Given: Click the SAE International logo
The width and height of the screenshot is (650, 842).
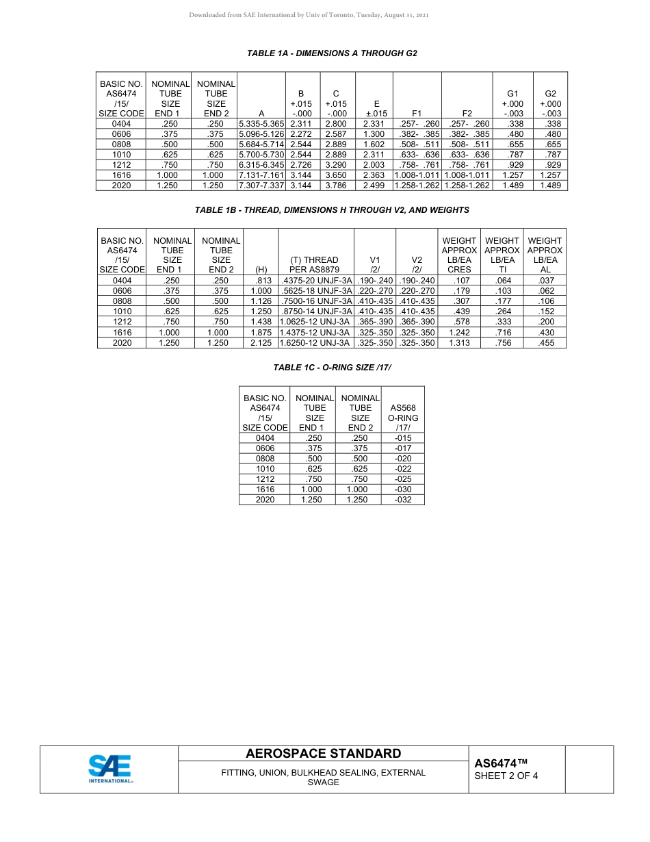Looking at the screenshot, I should (x=109, y=769).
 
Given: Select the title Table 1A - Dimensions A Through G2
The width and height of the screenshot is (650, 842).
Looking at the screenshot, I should (x=332, y=53).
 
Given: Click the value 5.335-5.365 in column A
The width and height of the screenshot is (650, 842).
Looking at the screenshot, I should (x=261, y=124).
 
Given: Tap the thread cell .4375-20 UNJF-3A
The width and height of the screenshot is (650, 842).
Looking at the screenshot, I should (x=316, y=281).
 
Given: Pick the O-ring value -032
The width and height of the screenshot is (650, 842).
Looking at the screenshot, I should (x=403, y=500).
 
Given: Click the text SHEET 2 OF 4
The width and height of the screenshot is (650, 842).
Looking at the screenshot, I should (x=506, y=776).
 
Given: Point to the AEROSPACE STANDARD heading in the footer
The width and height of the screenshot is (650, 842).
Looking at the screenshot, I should (x=323, y=754).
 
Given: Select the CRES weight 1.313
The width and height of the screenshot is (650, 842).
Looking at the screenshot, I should (x=459, y=343).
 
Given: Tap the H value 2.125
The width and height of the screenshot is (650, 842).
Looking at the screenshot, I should (x=261, y=343).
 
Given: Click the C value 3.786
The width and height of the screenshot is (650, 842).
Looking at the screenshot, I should (x=336, y=186).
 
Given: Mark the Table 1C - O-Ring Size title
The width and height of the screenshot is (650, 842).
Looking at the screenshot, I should (x=332, y=368).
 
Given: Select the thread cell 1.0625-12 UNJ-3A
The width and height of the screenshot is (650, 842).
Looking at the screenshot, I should (x=316, y=322).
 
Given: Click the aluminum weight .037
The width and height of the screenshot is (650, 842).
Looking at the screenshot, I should (x=545, y=281).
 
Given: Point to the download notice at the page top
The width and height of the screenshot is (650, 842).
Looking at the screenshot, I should (x=309, y=15).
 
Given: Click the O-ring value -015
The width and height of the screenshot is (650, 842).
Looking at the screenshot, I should (x=403, y=438).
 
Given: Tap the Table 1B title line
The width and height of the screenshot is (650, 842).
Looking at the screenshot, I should (x=332, y=210).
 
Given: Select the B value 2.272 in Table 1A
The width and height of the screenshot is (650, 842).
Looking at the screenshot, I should (x=300, y=134).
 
